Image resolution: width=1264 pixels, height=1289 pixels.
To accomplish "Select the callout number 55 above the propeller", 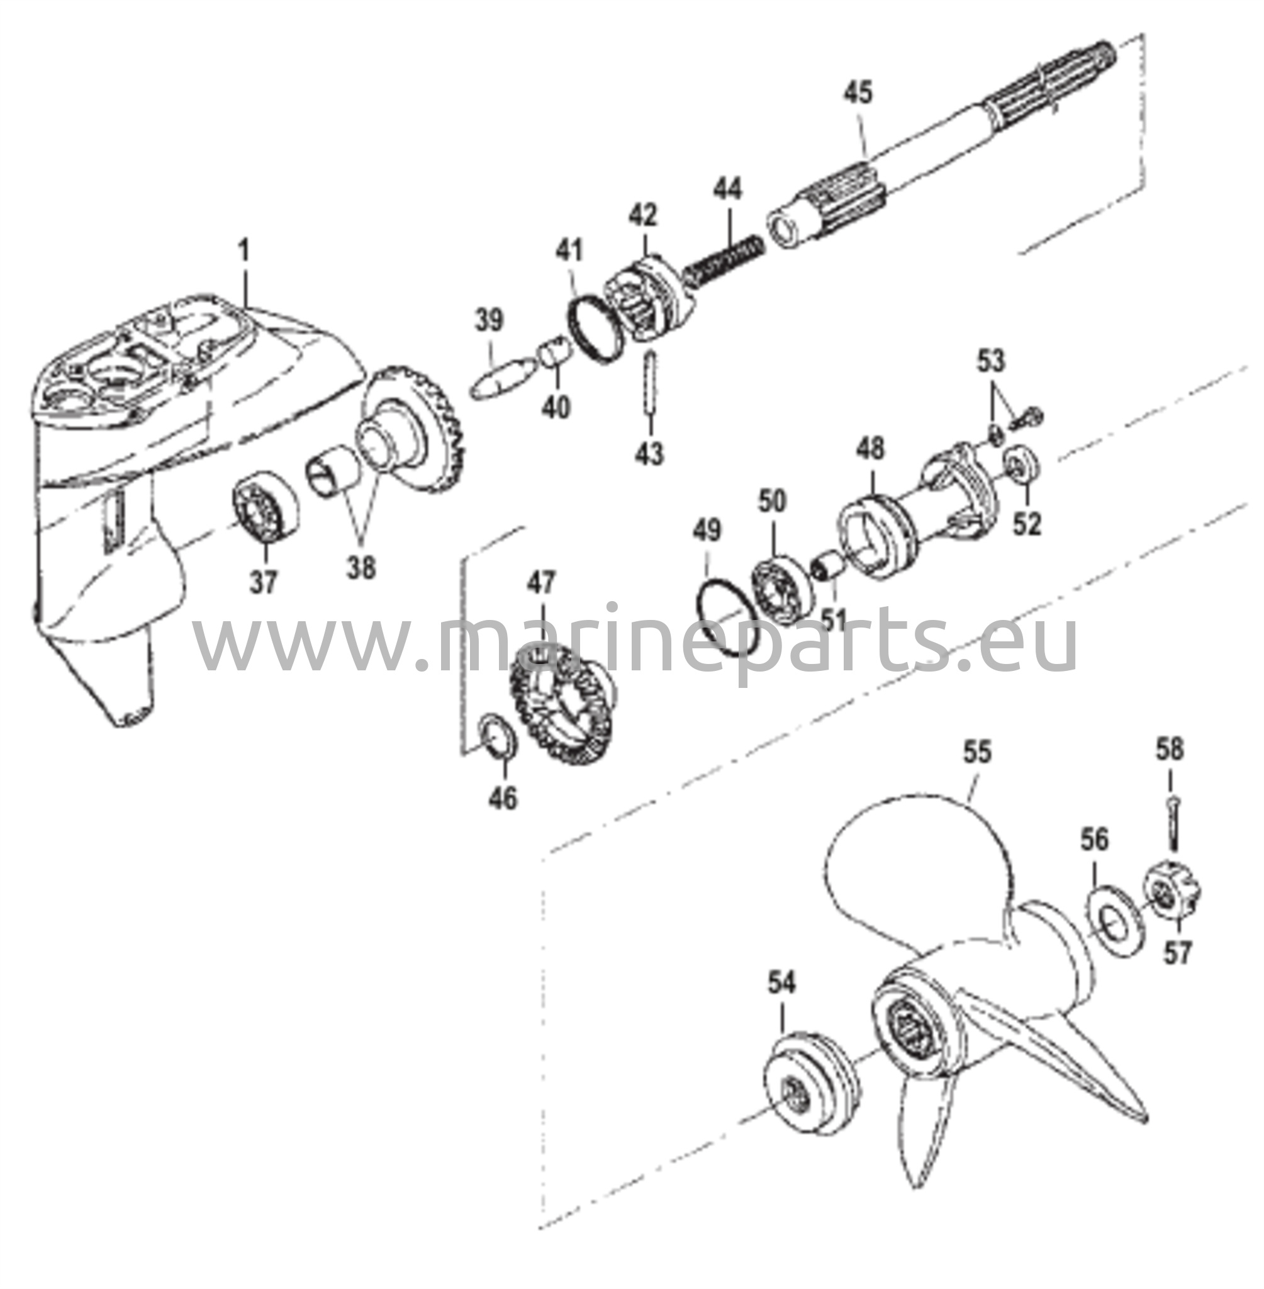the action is [977, 752].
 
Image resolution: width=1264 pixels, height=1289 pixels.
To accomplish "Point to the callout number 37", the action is [264, 583].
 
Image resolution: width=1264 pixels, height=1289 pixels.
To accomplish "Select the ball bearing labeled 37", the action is [264, 503].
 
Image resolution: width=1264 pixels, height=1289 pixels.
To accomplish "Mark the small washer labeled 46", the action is [497, 735].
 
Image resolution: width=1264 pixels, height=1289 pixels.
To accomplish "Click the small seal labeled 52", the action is [1021, 465].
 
